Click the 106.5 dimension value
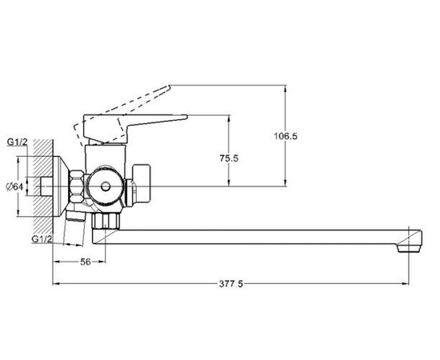285,136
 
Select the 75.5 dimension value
229,158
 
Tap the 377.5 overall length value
231,284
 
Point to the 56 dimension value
86,262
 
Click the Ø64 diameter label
14,186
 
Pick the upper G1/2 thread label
17,142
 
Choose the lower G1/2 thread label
42,239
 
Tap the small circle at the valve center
106,186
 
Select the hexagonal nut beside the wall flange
76,186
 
